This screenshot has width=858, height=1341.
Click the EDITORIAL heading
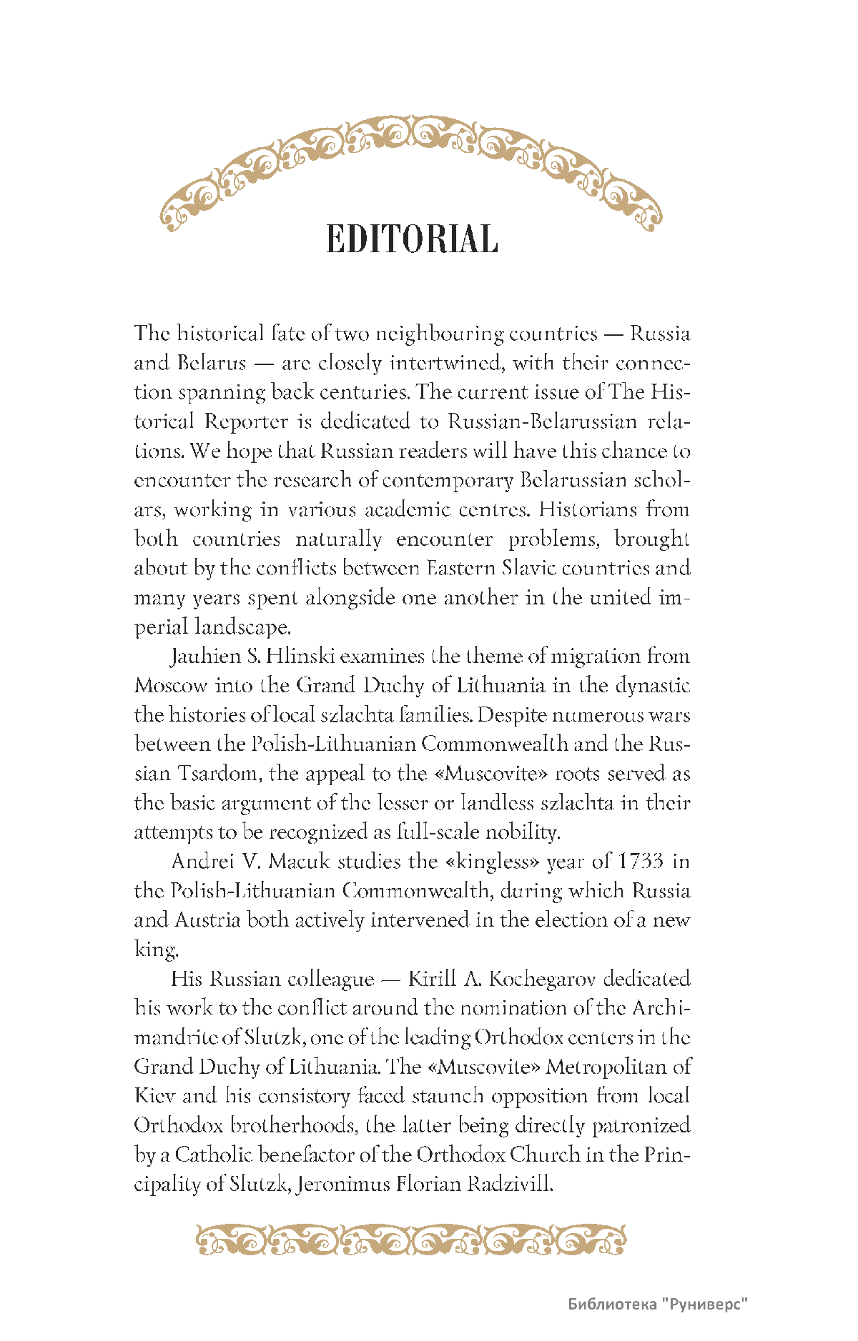point(412,239)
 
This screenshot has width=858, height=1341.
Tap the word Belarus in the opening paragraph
point(211,363)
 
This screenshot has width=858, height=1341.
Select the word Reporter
point(245,422)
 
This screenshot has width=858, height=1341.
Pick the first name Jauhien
point(204,657)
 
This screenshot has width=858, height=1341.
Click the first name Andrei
point(202,862)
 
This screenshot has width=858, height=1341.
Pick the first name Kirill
point(432,979)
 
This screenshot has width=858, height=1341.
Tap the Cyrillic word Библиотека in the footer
point(612,1305)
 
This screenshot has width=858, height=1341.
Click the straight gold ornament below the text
point(411,1240)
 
